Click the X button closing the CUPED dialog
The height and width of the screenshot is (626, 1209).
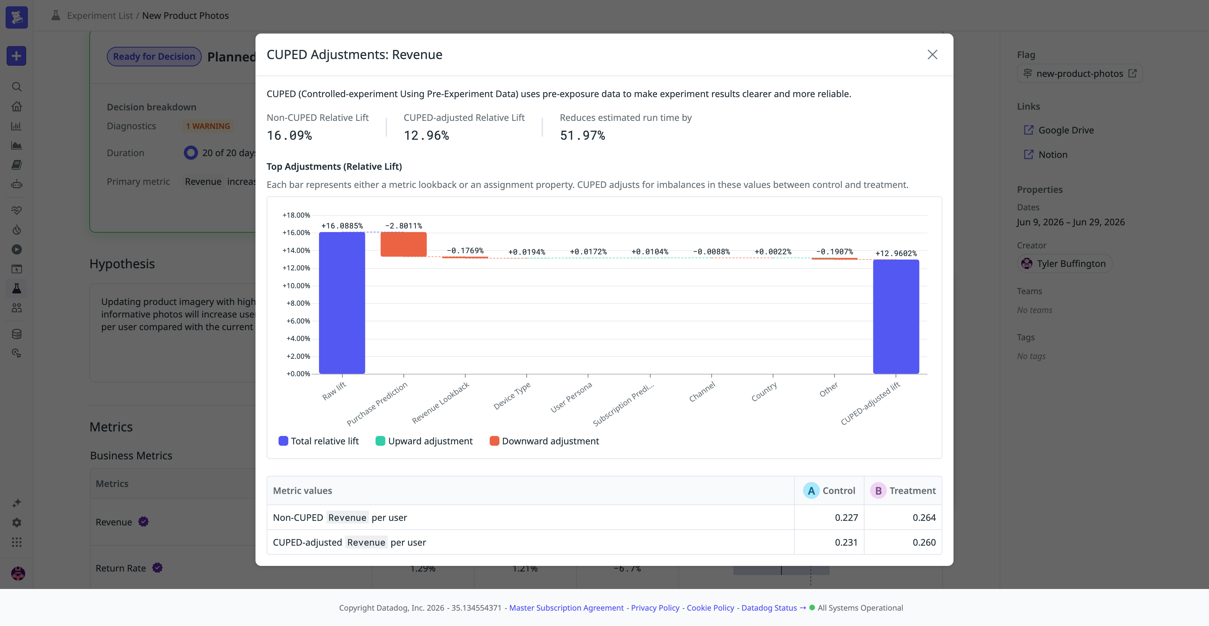[x=932, y=54]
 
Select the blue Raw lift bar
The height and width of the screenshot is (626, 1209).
[x=342, y=303]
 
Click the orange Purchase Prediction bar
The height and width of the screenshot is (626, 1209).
[x=403, y=244]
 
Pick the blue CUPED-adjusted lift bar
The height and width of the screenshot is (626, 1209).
[x=896, y=316]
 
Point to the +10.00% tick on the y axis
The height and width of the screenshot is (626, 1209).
[x=296, y=285]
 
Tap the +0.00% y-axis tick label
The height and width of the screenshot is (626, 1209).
[x=298, y=374]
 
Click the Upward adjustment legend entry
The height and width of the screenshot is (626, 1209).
[x=424, y=441]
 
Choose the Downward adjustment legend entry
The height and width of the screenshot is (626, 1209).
[x=544, y=441]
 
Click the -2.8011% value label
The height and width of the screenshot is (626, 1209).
[x=403, y=226]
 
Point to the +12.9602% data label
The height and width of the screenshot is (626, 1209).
[x=896, y=254]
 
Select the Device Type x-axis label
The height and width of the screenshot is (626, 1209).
[x=512, y=395]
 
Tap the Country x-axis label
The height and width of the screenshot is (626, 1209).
[x=764, y=392]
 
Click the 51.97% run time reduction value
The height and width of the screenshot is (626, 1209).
[x=583, y=136]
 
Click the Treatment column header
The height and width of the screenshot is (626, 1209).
[x=903, y=491]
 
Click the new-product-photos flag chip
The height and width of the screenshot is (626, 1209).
[x=1080, y=74]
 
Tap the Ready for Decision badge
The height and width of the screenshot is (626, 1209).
[x=154, y=56]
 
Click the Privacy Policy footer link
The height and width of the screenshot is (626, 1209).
[x=655, y=608]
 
